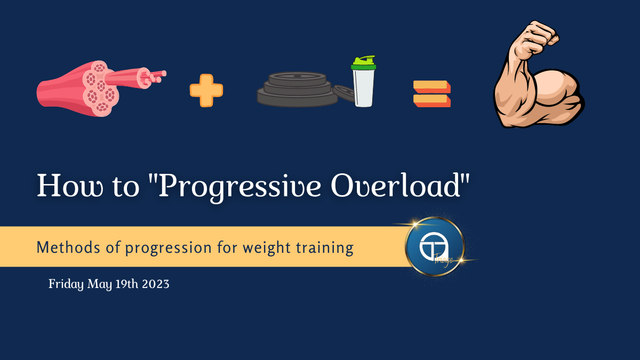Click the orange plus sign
tap(206, 91)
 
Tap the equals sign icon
tap(432, 94)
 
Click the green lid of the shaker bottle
tap(363, 63)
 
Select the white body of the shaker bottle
tap(363, 89)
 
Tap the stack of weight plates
tap(297, 90)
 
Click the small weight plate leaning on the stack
tap(345, 93)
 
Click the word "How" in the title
tap(70, 186)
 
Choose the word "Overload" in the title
tap(396, 185)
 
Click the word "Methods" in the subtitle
tap(68, 247)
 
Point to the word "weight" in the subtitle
tap(267, 248)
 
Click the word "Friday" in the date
tap(66, 284)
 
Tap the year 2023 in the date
tap(156, 284)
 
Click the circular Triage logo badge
tap(435, 246)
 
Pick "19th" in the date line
tap(126, 284)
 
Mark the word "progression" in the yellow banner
tap(169, 248)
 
